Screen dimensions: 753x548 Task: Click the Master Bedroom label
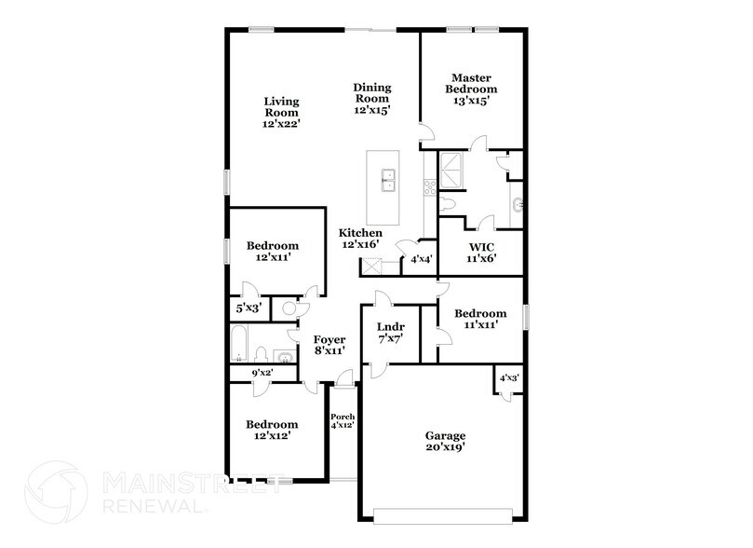click(471, 89)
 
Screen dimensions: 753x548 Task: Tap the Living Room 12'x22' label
click(281, 113)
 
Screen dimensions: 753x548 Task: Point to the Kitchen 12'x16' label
click(360, 239)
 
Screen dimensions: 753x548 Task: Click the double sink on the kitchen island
click(388, 180)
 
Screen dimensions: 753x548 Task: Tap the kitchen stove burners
click(430, 186)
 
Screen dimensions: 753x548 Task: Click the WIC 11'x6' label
click(481, 253)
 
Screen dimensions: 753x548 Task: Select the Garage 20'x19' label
click(445, 441)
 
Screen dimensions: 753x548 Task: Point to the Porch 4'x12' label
click(343, 421)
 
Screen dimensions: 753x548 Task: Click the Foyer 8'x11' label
click(329, 345)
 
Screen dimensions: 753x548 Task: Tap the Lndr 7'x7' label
click(391, 333)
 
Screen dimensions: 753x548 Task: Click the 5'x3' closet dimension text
click(249, 308)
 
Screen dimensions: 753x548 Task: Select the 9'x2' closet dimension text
click(262, 373)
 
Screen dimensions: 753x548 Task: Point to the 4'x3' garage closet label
click(509, 377)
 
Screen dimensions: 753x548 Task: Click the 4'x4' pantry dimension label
click(422, 259)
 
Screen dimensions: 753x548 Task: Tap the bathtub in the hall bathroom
click(238, 343)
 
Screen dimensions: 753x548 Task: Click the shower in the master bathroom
click(450, 171)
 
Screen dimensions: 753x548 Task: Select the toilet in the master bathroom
click(447, 204)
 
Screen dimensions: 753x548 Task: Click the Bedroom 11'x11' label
click(480, 319)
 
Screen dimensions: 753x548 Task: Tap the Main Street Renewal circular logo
click(56, 492)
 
